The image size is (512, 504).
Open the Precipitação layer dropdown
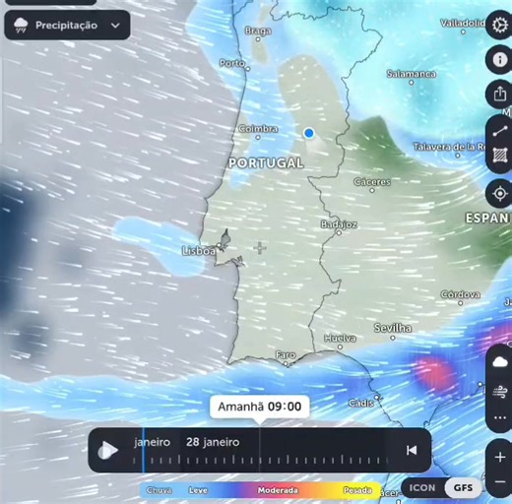[x=67, y=26]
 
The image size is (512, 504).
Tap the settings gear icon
[x=499, y=24]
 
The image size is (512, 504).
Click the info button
[x=499, y=59]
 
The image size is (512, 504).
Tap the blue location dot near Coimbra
[x=308, y=132]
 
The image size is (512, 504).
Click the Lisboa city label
[x=199, y=251]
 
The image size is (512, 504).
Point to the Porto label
[x=232, y=63]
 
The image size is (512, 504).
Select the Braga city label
[x=257, y=31]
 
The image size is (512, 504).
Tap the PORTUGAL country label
[x=266, y=161]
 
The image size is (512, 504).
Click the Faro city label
[x=286, y=354]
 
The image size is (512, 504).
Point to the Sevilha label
[x=394, y=328]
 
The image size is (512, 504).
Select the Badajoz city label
[x=338, y=224]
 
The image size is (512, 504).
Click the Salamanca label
[x=412, y=74]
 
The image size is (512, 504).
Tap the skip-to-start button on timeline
[x=412, y=451]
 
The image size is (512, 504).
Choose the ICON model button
[x=422, y=487]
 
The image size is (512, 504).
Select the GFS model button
[x=462, y=487]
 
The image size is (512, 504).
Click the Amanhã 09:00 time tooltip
[x=259, y=407]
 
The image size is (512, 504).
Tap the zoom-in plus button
[x=501, y=458]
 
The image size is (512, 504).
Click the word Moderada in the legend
[x=279, y=489]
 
